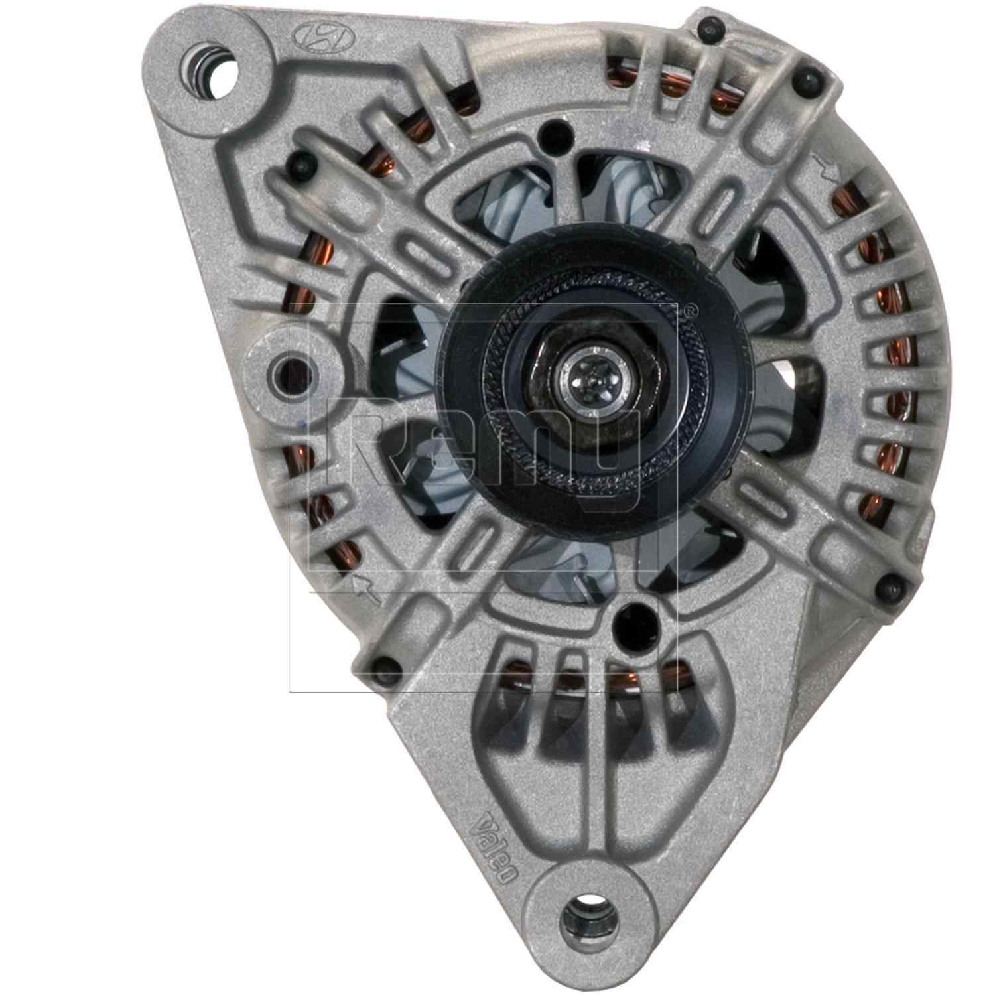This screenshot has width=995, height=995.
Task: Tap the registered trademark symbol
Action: [690, 309]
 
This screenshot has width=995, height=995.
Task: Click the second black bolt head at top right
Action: [806, 82]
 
